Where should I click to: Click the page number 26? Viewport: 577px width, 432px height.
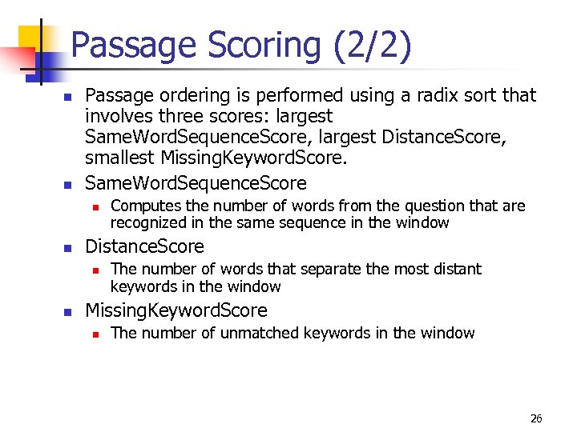536,419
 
